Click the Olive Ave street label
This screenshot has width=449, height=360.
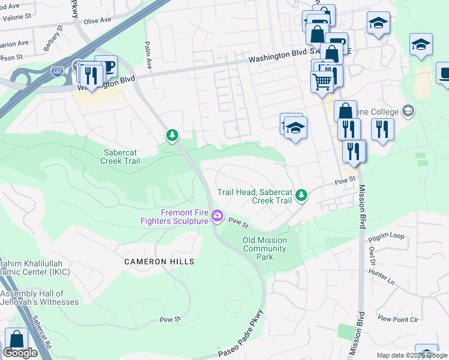point(98,20)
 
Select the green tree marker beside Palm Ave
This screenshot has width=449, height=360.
point(172,135)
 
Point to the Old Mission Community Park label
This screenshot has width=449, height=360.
point(265,248)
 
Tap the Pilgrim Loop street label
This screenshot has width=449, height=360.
point(388,236)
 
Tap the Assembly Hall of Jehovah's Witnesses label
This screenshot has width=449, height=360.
point(40,298)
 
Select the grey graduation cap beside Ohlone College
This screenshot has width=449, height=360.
point(408,111)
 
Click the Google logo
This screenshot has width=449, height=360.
point(20,353)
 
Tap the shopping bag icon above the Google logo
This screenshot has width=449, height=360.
point(16,340)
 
